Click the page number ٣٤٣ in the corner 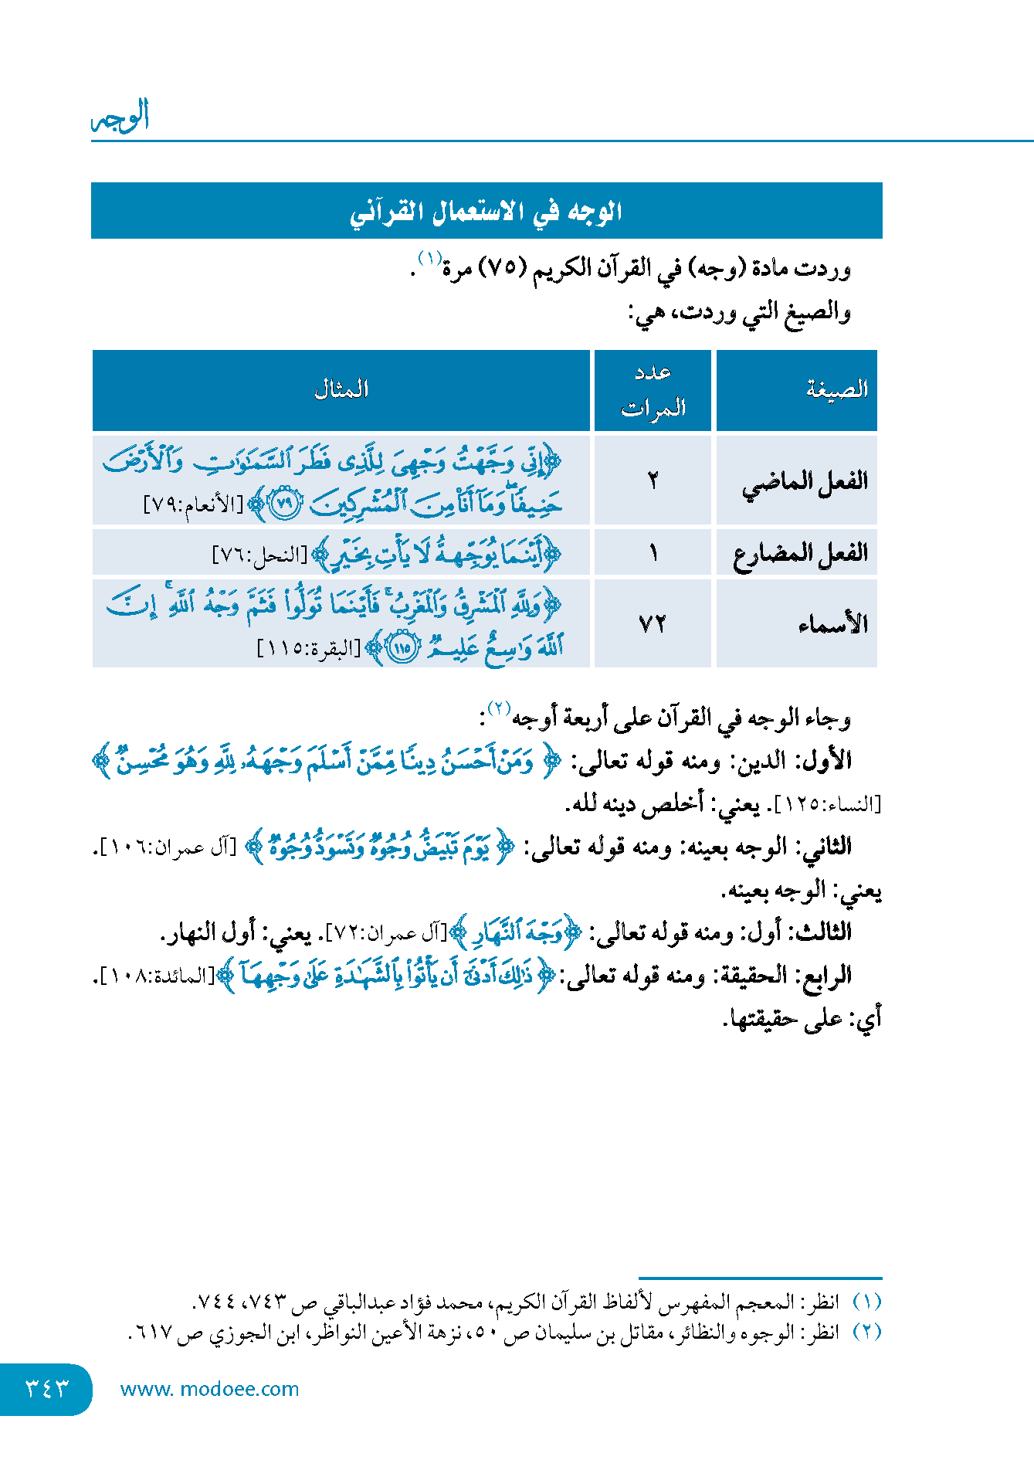[46, 1388]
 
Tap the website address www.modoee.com [209, 1389]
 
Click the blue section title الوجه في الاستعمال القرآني [486, 211]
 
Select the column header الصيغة [837, 389]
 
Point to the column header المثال [341, 389]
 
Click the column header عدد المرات [653, 390]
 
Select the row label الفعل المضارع [800, 553]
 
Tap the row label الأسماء [832, 623]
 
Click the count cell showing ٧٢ [653, 623]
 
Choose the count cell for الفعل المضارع [653, 553]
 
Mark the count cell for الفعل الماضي [653, 481]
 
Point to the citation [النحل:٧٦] [259, 555]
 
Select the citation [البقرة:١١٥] [308, 647]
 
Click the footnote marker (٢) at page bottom [866, 1332]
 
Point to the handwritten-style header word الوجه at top [120, 117]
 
